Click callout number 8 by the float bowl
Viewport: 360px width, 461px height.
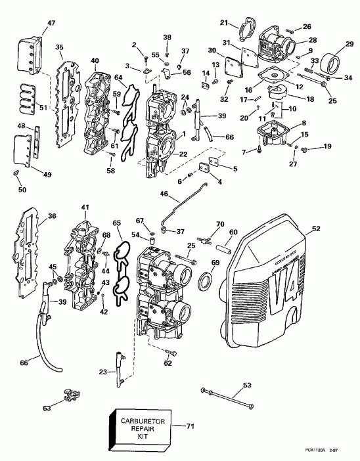point(302,122)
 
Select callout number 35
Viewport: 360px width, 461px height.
point(59,48)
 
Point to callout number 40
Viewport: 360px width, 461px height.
point(95,61)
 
